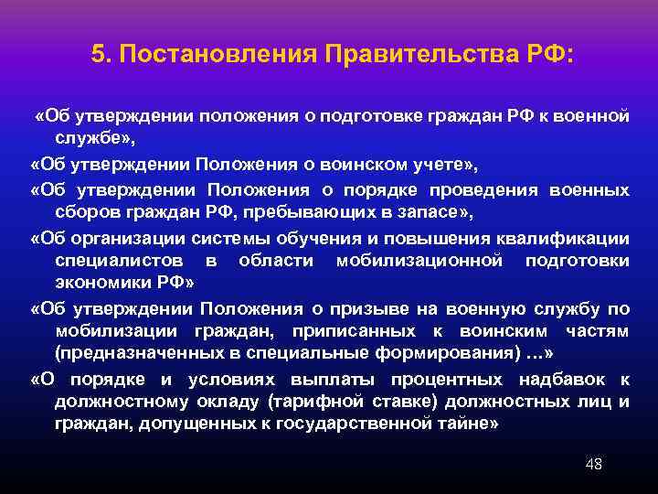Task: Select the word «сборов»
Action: [84, 213]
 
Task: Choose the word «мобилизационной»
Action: [401, 262]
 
